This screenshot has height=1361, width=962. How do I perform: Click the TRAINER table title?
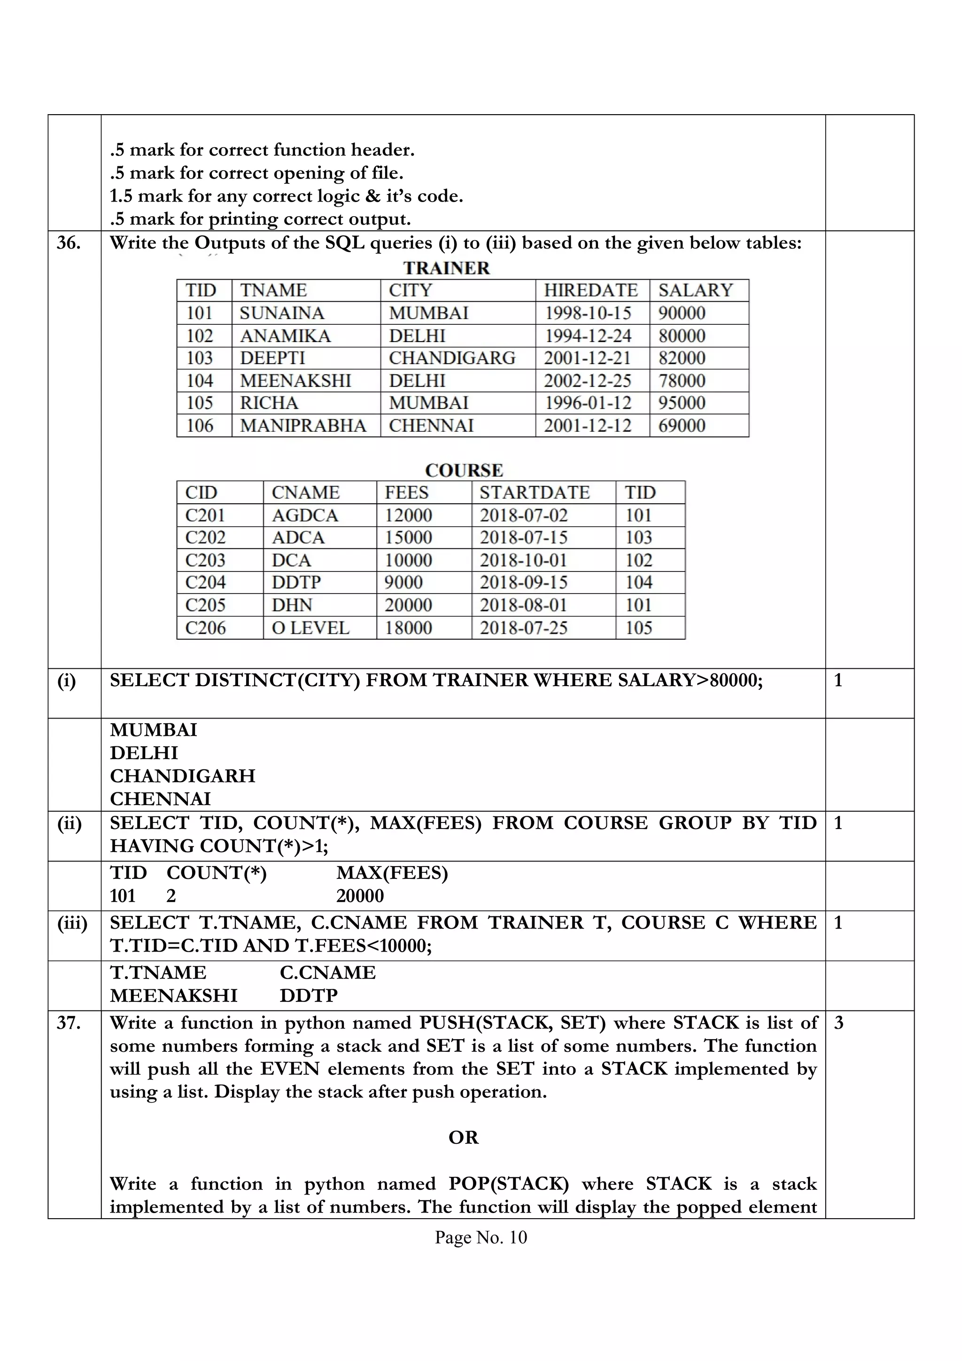point(447,268)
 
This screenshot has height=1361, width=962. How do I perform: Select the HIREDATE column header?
point(590,290)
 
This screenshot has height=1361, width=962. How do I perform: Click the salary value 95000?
point(682,403)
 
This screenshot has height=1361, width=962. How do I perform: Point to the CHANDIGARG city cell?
point(452,358)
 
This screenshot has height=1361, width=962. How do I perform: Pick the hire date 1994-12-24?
point(588,336)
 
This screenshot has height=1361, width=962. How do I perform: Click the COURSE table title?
point(464,470)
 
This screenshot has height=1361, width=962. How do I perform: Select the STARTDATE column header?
point(534,493)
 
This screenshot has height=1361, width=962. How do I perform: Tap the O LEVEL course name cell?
point(310,628)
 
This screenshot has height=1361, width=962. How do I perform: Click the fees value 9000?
point(403,583)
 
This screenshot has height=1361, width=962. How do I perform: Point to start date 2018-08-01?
point(523,605)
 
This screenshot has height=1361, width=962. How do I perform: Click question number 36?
point(69,243)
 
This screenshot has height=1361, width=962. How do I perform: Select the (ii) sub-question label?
point(70,823)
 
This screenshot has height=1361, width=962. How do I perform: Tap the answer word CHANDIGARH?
point(182,776)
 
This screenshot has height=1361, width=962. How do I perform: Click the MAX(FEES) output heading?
point(392,873)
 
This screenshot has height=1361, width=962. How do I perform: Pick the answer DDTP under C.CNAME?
point(308,995)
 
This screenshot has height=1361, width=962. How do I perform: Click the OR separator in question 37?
point(463,1137)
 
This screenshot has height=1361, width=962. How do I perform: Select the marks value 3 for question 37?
point(838,1023)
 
